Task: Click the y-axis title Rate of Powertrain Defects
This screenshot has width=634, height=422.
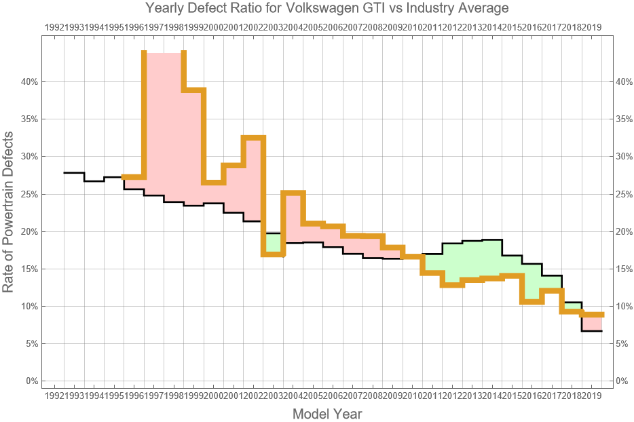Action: (x=9, y=212)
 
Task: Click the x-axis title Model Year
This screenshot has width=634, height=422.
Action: (x=327, y=413)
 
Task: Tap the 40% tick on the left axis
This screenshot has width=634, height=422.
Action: (x=29, y=81)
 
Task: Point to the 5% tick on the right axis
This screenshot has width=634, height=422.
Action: (x=622, y=343)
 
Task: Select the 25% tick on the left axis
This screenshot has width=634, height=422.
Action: (x=29, y=194)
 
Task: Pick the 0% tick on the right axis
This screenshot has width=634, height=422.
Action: (x=622, y=381)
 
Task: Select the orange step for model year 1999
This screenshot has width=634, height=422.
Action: (x=194, y=90)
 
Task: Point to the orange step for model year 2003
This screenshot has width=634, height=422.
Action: (x=274, y=254)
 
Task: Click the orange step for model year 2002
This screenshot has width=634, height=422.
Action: (x=254, y=138)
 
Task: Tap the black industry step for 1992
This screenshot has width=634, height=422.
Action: (x=74, y=173)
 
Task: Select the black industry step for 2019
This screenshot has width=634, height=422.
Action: (x=592, y=331)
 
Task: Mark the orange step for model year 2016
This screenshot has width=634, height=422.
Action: (x=532, y=301)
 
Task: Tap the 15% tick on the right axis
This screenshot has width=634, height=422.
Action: (x=622, y=269)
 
